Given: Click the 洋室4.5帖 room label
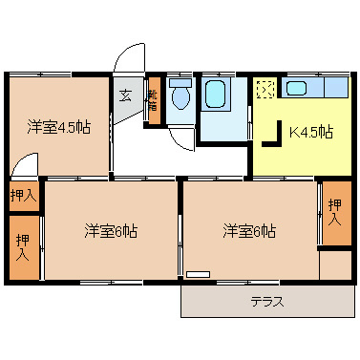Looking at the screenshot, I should tap(58, 128).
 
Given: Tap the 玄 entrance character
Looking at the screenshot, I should tap(125, 95).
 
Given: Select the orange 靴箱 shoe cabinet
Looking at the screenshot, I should tap(153, 99).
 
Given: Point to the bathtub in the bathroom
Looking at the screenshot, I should tap(215, 95).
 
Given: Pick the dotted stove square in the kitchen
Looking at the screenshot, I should tap(265, 90).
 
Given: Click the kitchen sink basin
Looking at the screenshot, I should tap(296, 89).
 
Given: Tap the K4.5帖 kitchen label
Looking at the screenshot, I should tap(310, 132).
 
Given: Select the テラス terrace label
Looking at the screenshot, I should tap(266, 301).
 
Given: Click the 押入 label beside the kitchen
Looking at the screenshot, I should tap(333, 212).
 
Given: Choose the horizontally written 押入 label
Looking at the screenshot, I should tap(23, 196).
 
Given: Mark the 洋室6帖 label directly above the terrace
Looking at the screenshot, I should tap(250, 230).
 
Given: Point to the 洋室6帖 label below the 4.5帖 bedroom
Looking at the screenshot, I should tap(111, 230).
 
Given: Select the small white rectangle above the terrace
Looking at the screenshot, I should tap(198, 275).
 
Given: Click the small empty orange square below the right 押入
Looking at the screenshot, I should tap(334, 265).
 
